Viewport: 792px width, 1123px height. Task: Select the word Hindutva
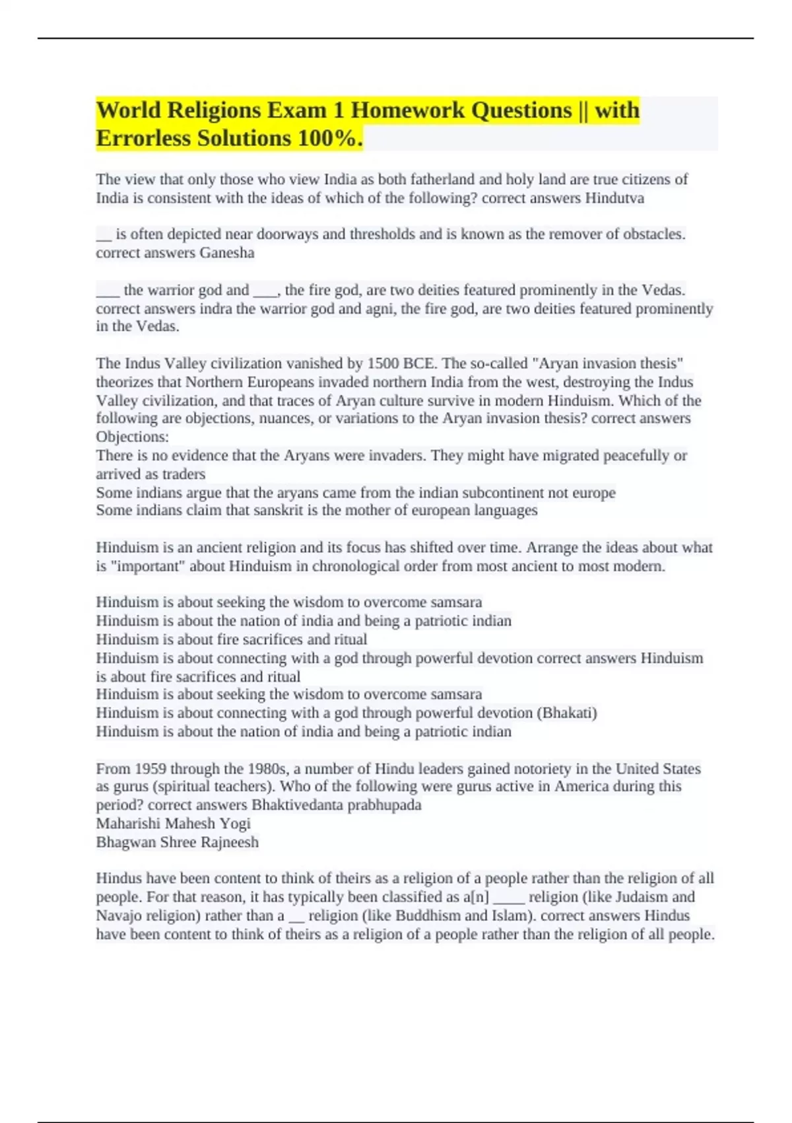[x=614, y=198]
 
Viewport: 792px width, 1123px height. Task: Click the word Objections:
[x=132, y=437]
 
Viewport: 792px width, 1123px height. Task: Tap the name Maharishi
[x=127, y=824]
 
